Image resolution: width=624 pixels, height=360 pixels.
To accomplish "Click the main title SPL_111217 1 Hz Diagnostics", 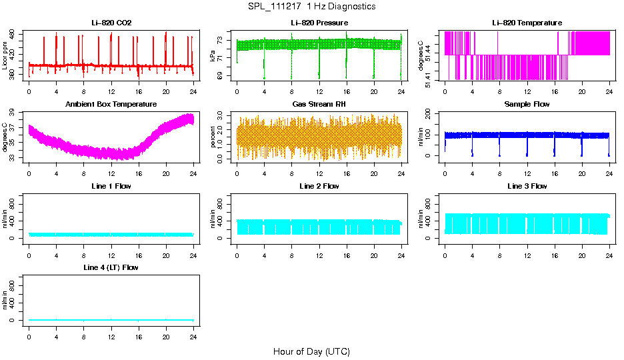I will pyautogui.click(x=311, y=7).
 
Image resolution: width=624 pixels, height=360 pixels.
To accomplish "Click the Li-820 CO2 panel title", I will pyautogui.click(x=111, y=23).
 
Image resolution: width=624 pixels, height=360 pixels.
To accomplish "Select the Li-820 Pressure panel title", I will pyautogui.click(x=319, y=23).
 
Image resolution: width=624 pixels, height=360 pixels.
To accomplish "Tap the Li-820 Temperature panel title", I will pyautogui.click(x=527, y=23).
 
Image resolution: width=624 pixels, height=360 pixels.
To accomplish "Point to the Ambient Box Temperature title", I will pyautogui.click(x=111, y=105).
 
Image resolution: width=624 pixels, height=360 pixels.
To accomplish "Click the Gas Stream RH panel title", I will pyautogui.click(x=319, y=105).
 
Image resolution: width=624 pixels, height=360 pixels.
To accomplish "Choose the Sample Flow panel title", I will pyautogui.click(x=527, y=105).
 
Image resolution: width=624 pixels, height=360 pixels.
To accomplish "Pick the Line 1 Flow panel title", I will pyautogui.click(x=111, y=186).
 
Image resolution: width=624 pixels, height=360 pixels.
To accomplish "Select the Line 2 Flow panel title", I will pyautogui.click(x=319, y=186).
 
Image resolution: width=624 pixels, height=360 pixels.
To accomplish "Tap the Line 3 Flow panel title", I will pyautogui.click(x=527, y=186).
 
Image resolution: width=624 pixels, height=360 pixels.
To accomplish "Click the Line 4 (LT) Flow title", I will pyautogui.click(x=111, y=267).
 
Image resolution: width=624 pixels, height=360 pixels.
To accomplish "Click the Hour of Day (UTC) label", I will pyautogui.click(x=311, y=351).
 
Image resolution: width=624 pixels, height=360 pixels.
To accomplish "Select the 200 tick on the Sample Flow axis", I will pyautogui.click(x=432, y=113).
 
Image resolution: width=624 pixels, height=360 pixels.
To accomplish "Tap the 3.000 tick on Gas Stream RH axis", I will pyautogui.click(x=224, y=116).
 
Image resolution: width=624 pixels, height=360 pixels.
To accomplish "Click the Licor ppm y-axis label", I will pyautogui.click(x=5, y=56).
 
